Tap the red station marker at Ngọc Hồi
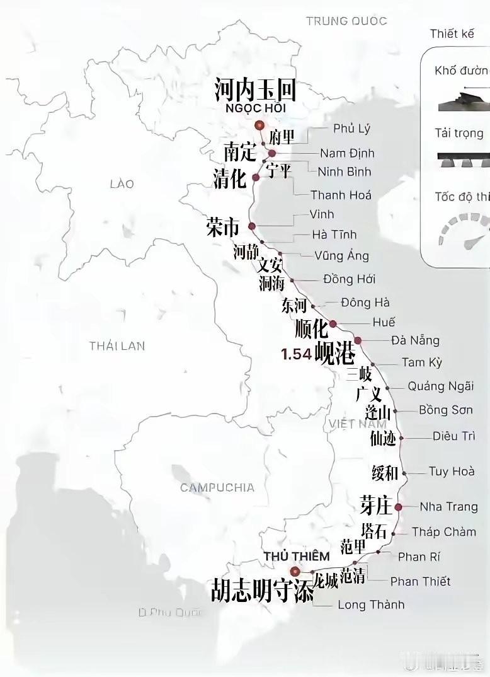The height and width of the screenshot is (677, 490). click(x=259, y=126)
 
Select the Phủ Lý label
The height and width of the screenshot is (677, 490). click(x=351, y=129)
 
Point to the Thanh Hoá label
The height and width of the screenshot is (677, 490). click(x=341, y=195)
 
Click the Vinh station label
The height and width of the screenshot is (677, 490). click(x=322, y=214)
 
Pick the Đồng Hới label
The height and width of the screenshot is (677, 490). click(x=349, y=279)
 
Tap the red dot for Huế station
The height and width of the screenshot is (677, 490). click(x=333, y=324)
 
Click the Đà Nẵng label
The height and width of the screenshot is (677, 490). click(x=415, y=340)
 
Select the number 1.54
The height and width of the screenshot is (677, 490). click(x=297, y=354)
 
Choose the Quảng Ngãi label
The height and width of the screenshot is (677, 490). click(x=440, y=386)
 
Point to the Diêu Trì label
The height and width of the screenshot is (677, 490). click(x=453, y=436)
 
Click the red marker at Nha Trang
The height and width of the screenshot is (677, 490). click(x=398, y=507)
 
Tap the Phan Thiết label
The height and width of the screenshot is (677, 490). click(x=420, y=581)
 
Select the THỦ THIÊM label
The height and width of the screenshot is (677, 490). click(x=296, y=556)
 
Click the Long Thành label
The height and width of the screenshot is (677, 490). click(x=371, y=605)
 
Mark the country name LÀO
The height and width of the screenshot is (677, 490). click(x=122, y=184)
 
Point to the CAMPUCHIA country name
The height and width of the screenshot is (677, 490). click(x=217, y=487)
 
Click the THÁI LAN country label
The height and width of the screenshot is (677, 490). click(x=117, y=345)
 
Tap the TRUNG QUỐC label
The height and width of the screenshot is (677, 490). click(x=346, y=21)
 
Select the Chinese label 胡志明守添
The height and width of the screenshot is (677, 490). click(x=263, y=591)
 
